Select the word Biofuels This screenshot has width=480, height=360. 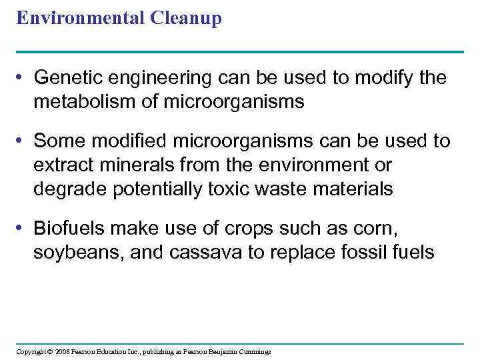coord(69,229)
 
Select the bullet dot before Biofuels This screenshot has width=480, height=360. coord(23,229)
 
